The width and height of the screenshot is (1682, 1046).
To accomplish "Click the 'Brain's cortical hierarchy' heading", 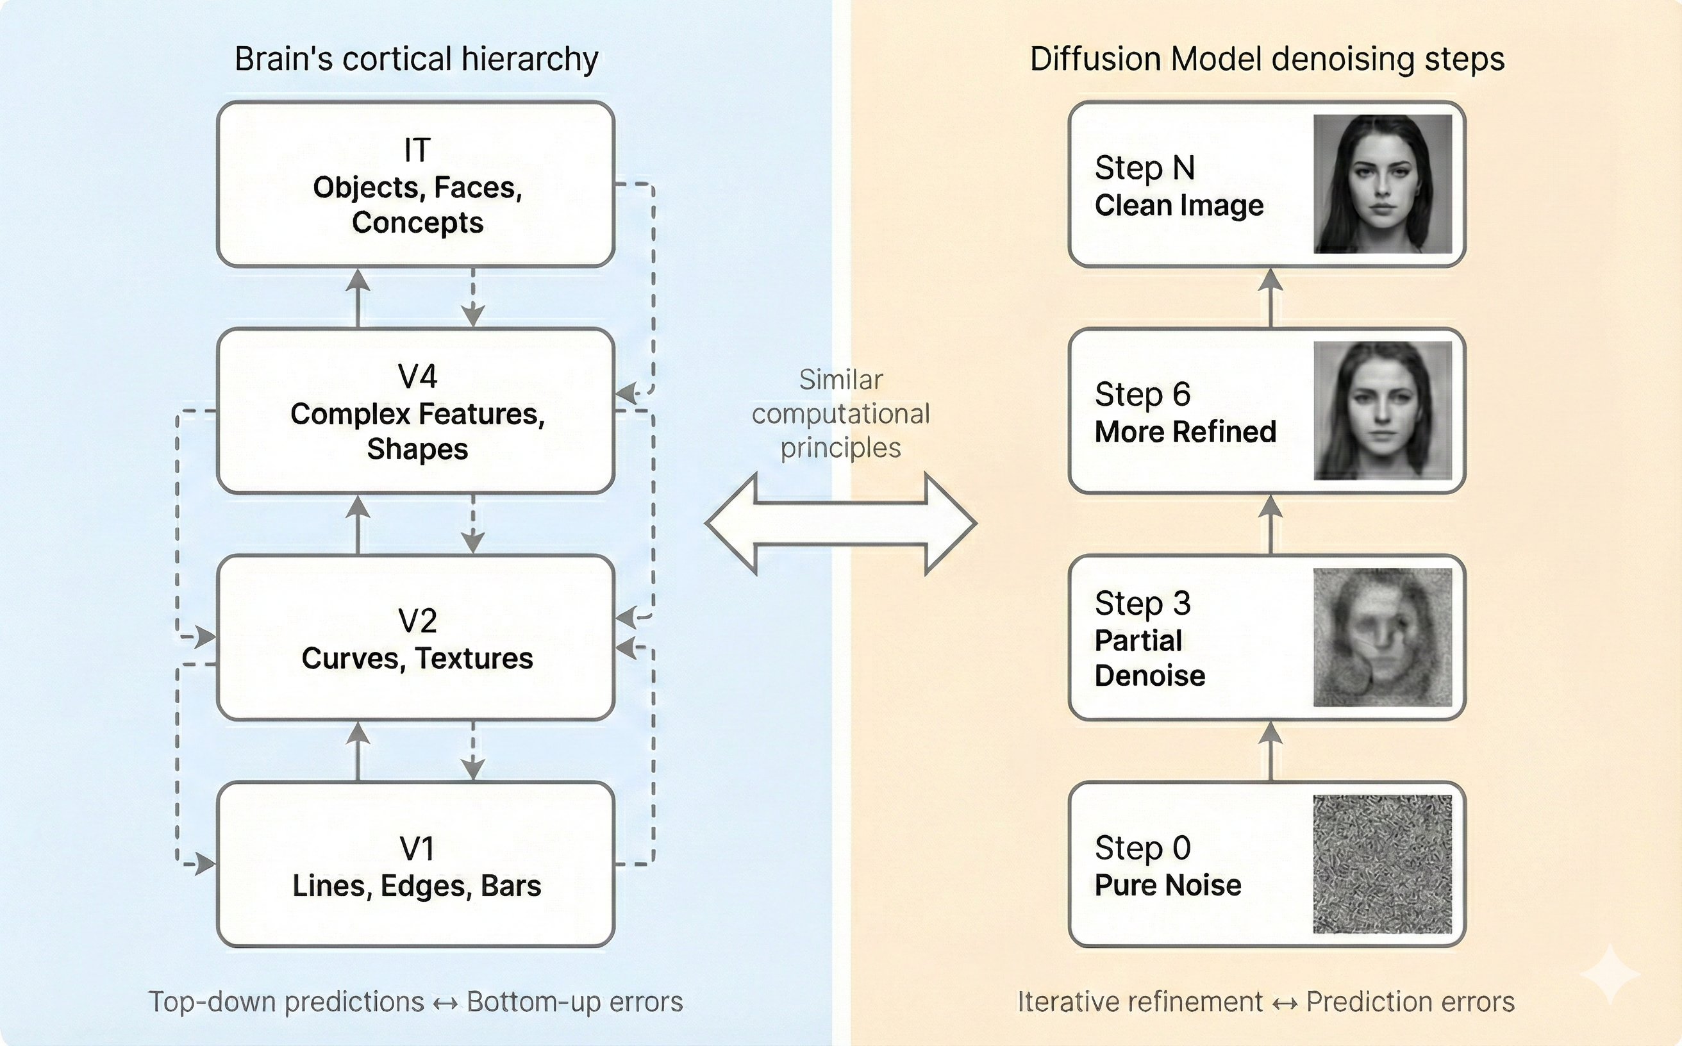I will tap(416, 59).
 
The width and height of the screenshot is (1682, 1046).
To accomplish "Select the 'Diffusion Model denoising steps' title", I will tap(1266, 59).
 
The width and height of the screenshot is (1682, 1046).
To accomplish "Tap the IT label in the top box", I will tap(417, 150).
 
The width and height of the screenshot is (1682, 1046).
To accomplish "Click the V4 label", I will tap(417, 376).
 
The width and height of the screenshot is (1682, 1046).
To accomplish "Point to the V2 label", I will tap(417, 620).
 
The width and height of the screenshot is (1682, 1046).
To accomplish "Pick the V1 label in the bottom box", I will tap(417, 849).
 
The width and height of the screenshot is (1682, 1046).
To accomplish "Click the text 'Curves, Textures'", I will tap(417, 658).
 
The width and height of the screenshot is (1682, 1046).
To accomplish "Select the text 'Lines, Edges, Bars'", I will tap(417, 886).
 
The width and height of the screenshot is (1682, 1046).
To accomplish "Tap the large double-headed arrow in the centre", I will tap(840, 524).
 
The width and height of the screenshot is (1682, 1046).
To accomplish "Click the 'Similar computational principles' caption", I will tap(840, 413).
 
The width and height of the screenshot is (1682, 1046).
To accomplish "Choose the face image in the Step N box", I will tap(1382, 184).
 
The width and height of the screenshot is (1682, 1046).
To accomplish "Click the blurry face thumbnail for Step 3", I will tap(1382, 637).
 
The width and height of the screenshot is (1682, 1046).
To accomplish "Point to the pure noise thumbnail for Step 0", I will tap(1382, 863).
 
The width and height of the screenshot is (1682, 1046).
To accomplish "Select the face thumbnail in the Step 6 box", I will tap(1382, 410).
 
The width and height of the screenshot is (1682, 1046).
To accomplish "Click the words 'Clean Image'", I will tap(1178, 206).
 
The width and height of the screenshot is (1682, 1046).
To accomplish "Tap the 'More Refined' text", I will tap(1185, 432).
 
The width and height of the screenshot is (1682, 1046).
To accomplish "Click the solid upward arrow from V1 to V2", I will tap(358, 751).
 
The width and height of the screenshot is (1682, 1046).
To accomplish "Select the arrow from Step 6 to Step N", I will tap(1270, 297).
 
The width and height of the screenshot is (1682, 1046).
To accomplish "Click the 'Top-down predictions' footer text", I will tap(286, 1002).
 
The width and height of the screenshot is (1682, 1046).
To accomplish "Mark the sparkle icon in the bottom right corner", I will tap(1610, 974).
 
